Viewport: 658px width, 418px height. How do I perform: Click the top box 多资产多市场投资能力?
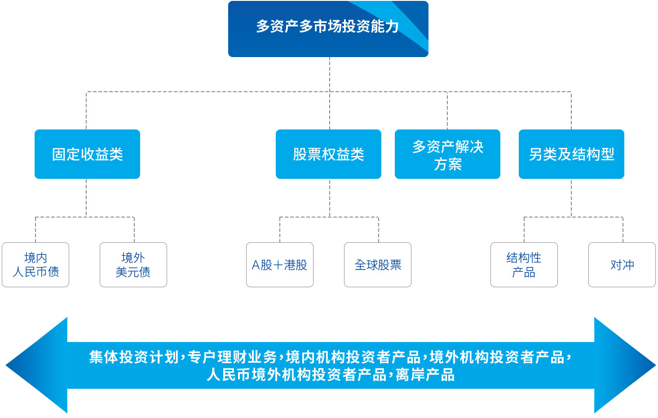pyautogui.click(x=328, y=29)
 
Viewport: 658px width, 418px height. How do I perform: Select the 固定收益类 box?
pyautogui.click(x=87, y=154)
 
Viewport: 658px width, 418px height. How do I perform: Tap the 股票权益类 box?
pyautogui.click(x=328, y=154)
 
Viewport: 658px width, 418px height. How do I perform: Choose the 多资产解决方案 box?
pyautogui.click(x=447, y=154)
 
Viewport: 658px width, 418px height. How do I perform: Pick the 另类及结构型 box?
pyautogui.click(x=571, y=154)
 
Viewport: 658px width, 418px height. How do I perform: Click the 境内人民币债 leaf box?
pyautogui.click(x=35, y=265)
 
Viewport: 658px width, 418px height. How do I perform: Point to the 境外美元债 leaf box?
pyautogui.click(x=133, y=265)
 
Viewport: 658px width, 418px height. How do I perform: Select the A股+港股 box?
pyautogui.click(x=280, y=265)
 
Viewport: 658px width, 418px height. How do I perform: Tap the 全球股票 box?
pyautogui.click(x=378, y=265)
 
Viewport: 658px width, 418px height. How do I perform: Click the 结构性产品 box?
pyautogui.click(x=524, y=265)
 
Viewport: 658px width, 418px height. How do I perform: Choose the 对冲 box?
pyautogui.click(x=622, y=265)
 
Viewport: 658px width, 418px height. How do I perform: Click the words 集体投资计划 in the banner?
pyautogui.click(x=134, y=357)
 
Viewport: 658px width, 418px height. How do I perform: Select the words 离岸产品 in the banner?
pyautogui.click(x=425, y=375)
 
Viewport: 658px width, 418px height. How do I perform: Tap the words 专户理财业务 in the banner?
pyautogui.click(x=232, y=357)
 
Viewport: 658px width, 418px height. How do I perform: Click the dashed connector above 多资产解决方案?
pyautogui.click(x=447, y=111)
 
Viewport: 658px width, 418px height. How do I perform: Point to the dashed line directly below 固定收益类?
pyautogui.click(x=86, y=198)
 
